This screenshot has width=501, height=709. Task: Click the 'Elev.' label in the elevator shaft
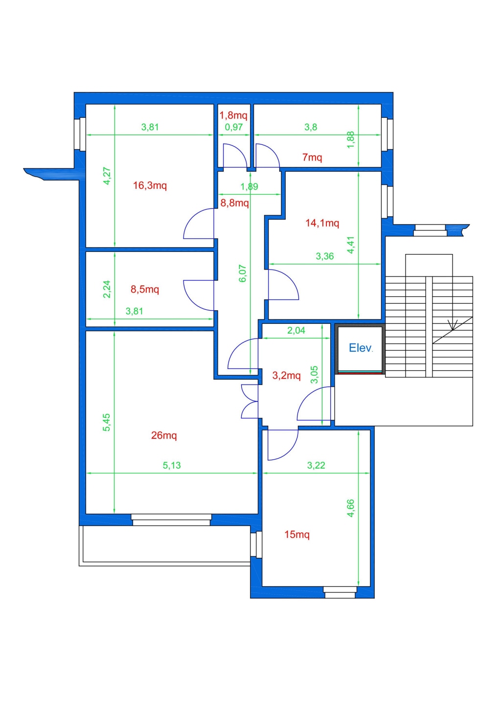point(361,348)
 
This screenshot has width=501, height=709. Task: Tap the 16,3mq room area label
point(150,185)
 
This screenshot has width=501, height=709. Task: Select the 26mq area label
point(164,435)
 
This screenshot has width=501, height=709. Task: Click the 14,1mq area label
point(322,223)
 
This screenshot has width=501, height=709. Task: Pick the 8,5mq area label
point(145,289)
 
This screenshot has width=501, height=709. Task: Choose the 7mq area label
point(312,157)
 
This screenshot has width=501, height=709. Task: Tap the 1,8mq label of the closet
point(233,115)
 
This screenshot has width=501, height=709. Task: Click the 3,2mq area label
point(286,376)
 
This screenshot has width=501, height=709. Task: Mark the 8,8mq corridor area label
point(234,203)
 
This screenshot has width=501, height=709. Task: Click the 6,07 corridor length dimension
point(243,274)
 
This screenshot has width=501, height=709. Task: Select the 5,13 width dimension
point(172,465)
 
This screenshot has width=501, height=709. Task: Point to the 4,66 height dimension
point(351,508)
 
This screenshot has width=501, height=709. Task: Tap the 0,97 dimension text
point(233,127)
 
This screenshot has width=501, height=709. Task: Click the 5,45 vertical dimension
point(107,422)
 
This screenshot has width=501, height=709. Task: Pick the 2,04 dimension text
point(296,330)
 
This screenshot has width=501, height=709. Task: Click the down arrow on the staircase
point(453,325)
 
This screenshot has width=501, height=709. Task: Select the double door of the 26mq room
point(250,401)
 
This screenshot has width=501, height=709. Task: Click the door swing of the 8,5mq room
point(199,296)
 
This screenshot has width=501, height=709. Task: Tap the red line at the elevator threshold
point(360,373)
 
